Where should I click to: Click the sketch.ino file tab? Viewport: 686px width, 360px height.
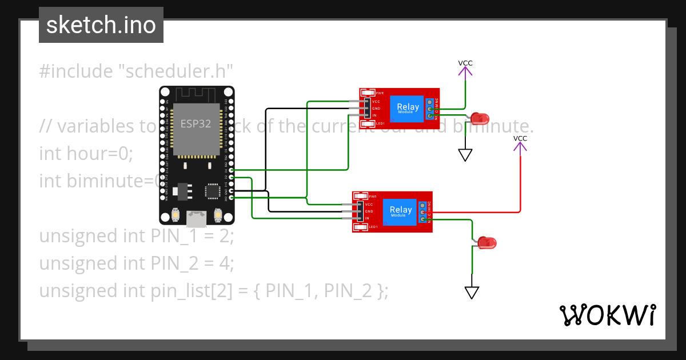click(101, 25)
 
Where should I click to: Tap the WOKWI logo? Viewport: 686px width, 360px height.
click(607, 315)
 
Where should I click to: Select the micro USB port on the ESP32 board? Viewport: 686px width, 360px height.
click(197, 217)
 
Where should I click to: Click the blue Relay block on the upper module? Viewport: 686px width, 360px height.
click(408, 108)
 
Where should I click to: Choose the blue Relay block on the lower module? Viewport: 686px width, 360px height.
click(401, 211)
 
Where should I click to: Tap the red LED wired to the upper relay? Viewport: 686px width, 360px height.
click(480, 119)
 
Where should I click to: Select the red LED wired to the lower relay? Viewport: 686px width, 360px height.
click(487, 243)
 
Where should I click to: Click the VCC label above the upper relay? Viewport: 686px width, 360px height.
click(465, 63)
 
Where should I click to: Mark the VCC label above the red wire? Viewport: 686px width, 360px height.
click(520, 138)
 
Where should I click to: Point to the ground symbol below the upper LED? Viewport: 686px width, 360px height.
click(465, 155)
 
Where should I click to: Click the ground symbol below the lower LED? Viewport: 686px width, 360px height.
click(472, 293)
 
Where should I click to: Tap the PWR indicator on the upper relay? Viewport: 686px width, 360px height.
click(368, 93)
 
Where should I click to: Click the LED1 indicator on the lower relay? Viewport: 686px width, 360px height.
click(360, 227)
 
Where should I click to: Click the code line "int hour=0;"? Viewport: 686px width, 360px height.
click(86, 153)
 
